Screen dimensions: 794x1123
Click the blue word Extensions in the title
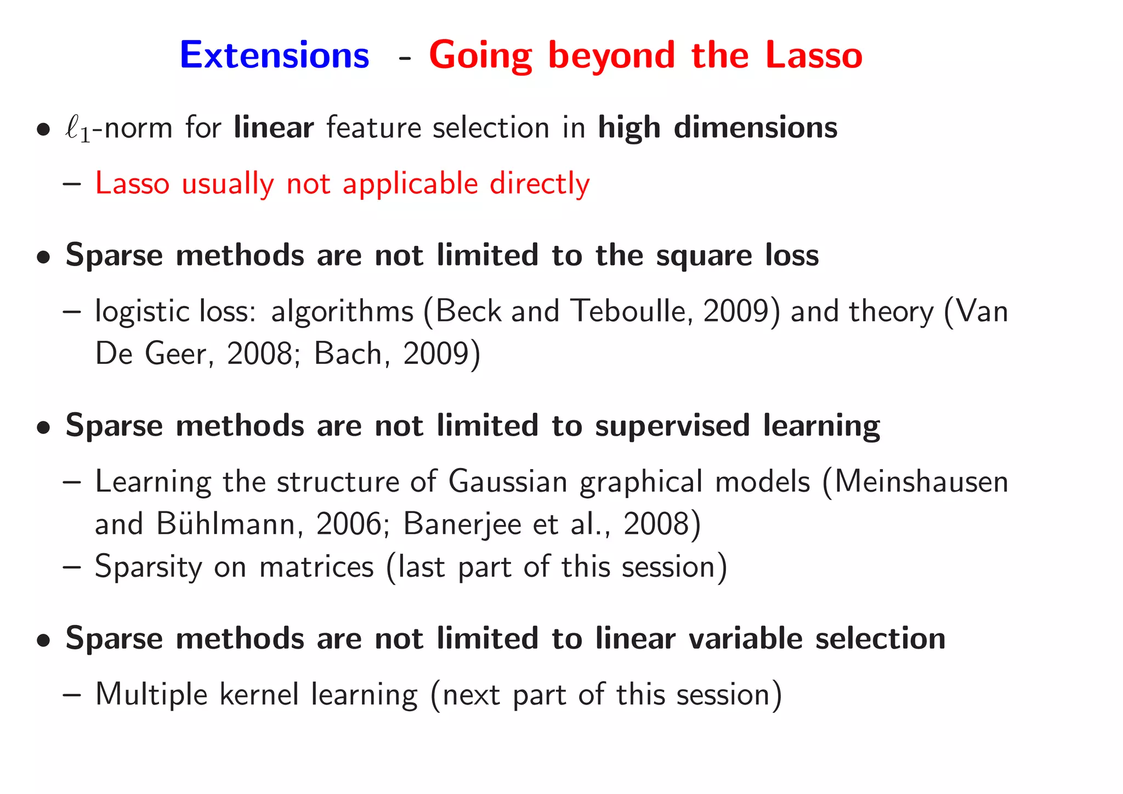pos(274,55)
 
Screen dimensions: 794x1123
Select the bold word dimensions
pos(755,127)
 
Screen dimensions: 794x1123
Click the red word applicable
pos(410,183)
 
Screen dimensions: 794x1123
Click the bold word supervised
pos(672,426)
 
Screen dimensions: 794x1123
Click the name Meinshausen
pos(921,482)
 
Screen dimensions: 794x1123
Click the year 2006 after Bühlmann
pos(348,523)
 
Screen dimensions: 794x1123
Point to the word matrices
pos(316,566)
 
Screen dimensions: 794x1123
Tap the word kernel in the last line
pos(259,694)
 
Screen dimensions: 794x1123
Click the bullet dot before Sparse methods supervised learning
pos(44,428)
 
